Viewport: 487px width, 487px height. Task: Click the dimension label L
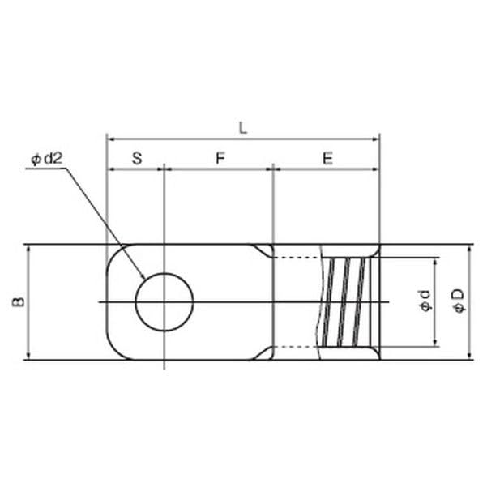point(243,128)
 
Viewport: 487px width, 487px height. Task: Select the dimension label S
point(137,158)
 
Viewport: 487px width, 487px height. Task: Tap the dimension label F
point(220,158)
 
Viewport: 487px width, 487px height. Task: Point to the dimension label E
point(328,158)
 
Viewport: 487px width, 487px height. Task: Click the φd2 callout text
point(47,159)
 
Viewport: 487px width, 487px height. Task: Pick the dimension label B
point(19,302)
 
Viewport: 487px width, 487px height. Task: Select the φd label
point(425,301)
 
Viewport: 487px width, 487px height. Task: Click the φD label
point(459,301)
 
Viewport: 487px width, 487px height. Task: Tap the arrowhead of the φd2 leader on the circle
point(143,276)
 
